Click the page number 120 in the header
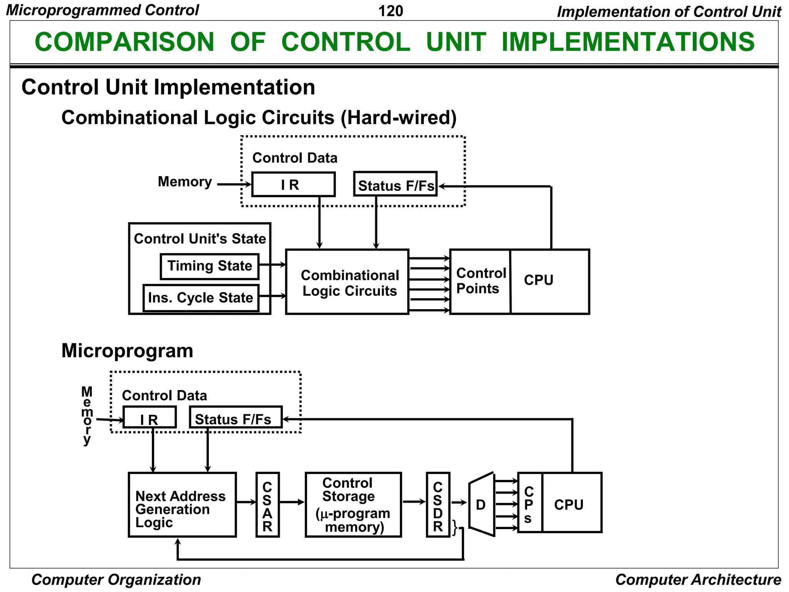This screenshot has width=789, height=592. click(390, 11)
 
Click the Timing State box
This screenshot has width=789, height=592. click(209, 266)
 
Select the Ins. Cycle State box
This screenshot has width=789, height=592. click(201, 298)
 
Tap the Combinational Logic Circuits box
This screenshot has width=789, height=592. click(347, 282)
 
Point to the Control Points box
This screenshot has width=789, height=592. click(480, 282)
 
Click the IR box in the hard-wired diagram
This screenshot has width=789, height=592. click(293, 185)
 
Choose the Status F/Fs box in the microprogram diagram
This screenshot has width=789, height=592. click(236, 417)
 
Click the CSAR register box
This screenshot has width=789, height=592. click(267, 505)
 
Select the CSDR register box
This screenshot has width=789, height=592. click(438, 505)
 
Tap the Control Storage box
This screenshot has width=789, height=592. click(353, 505)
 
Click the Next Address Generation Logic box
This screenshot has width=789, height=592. click(182, 505)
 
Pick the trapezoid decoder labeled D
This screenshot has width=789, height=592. click(482, 505)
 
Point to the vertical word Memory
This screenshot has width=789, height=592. click(87, 415)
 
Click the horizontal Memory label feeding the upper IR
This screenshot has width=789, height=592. click(185, 182)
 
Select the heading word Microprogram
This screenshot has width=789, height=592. click(127, 351)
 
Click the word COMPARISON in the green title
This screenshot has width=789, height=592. click(124, 42)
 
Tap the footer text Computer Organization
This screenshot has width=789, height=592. click(116, 580)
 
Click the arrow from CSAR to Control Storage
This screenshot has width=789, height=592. click(292, 502)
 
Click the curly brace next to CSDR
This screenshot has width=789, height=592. click(455, 527)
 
